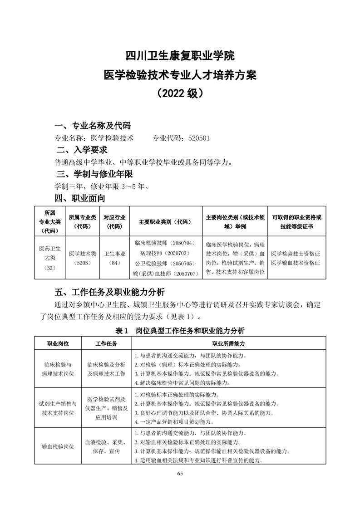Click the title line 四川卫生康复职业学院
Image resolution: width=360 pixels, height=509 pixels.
(x=180, y=56)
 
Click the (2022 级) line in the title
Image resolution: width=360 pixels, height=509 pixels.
(x=180, y=93)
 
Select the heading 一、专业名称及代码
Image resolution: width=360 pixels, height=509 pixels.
(x=93, y=126)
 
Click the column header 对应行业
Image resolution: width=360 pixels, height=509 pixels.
(x=115, y=221)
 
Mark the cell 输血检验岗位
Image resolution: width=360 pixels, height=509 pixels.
(x=58, y=446)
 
